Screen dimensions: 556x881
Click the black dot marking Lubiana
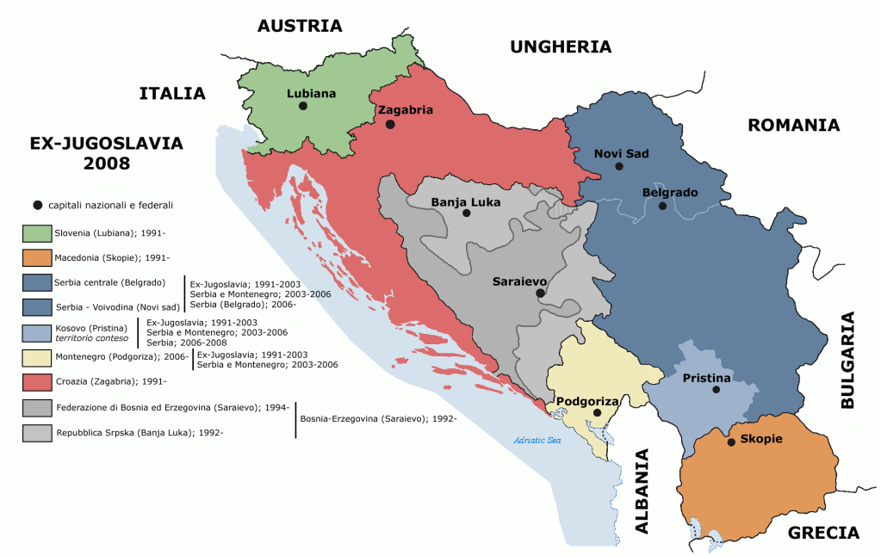(303, 106)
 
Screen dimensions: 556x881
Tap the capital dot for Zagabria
(390, 124)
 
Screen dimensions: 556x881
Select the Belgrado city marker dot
(662, 206)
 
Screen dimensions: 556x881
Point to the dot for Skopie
(731, 442)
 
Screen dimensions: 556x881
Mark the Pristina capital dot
(717, 390)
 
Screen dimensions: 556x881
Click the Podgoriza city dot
(597, 413)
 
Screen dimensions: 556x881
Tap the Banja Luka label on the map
(465, 202)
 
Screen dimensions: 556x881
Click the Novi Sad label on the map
(621, 153)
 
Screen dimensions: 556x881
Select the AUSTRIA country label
(300, 26)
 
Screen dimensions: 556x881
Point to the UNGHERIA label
(561, 46)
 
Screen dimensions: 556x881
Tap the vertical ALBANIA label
(642, 491)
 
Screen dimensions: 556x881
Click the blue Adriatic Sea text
(537, 441)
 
